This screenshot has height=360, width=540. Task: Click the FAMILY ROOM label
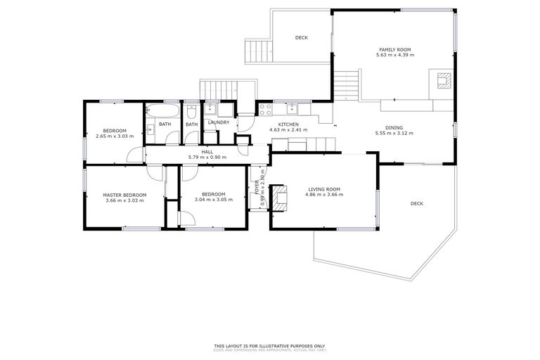[394, 50]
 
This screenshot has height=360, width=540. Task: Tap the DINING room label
[394, 128]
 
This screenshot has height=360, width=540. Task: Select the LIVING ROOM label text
[323, 189]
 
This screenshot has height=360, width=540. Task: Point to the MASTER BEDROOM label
[124, 195]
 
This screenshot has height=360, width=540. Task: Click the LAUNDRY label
[219, 122]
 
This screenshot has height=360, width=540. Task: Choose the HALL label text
[207, 152]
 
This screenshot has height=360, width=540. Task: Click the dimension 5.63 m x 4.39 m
[394, 55]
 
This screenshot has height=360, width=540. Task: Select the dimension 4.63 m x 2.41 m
[288, 129]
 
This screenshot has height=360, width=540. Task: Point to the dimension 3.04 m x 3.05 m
[213, 200]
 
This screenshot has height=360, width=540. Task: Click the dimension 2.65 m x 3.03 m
[115, 136]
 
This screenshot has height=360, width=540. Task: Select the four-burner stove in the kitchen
[266, 109]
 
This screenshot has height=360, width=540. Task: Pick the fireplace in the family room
[442, 80]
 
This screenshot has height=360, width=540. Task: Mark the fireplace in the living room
[281, 198]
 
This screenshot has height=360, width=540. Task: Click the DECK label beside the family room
[301, 38]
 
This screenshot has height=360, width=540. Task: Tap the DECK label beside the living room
[417, 204]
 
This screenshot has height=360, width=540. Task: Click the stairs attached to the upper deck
[254, 51]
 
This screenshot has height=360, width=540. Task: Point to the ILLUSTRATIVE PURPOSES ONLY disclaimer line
[269, 345]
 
